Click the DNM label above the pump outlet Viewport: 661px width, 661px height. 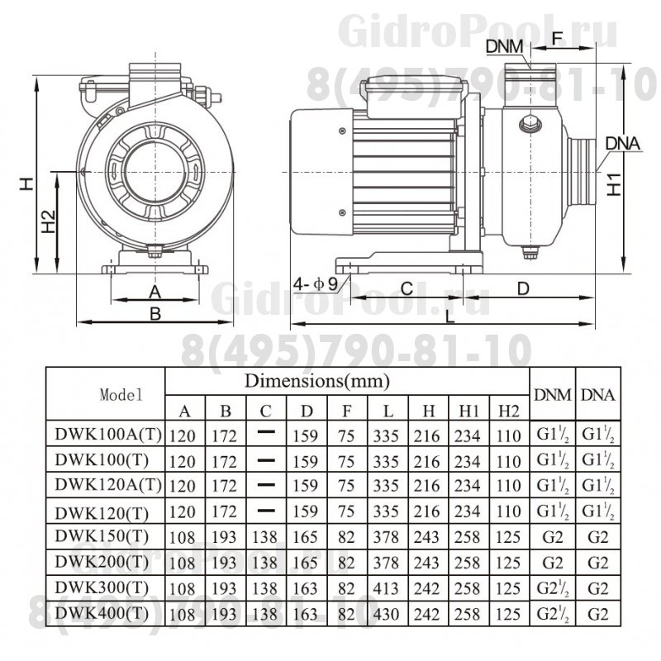tap(504, 46)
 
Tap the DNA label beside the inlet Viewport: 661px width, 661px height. tap(623, 143)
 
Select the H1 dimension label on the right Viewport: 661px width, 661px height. tap(616, 184)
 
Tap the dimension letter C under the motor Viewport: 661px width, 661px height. tap(407, 288)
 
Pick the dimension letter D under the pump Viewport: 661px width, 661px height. tap(522, 288)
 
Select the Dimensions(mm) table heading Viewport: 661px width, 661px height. tap(316, 381)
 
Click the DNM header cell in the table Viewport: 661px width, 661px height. tap(552, 394)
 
